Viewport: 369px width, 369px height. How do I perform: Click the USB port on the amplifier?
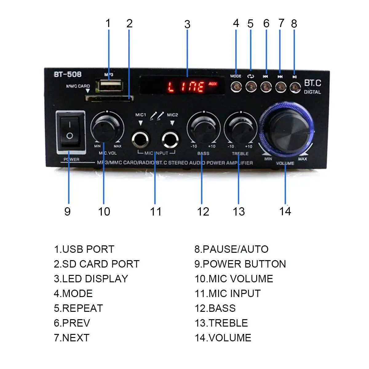pos(109,86)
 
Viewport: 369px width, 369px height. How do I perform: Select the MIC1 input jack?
pos(141,140)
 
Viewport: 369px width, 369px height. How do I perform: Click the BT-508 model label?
pos(68,74)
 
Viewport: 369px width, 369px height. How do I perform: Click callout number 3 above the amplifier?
pos(187,25)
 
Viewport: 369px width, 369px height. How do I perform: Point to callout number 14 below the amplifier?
pos(285,211)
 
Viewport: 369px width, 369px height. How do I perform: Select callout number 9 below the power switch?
pos(68,212)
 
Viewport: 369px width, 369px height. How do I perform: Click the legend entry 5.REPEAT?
pos(78,308)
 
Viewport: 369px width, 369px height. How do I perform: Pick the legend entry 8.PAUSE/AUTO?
pos(231,249)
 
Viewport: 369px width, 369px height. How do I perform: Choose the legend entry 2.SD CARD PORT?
pos(97,264)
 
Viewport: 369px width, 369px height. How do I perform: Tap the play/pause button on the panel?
pos(295,87)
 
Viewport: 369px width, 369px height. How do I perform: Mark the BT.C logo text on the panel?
pos(312,83)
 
